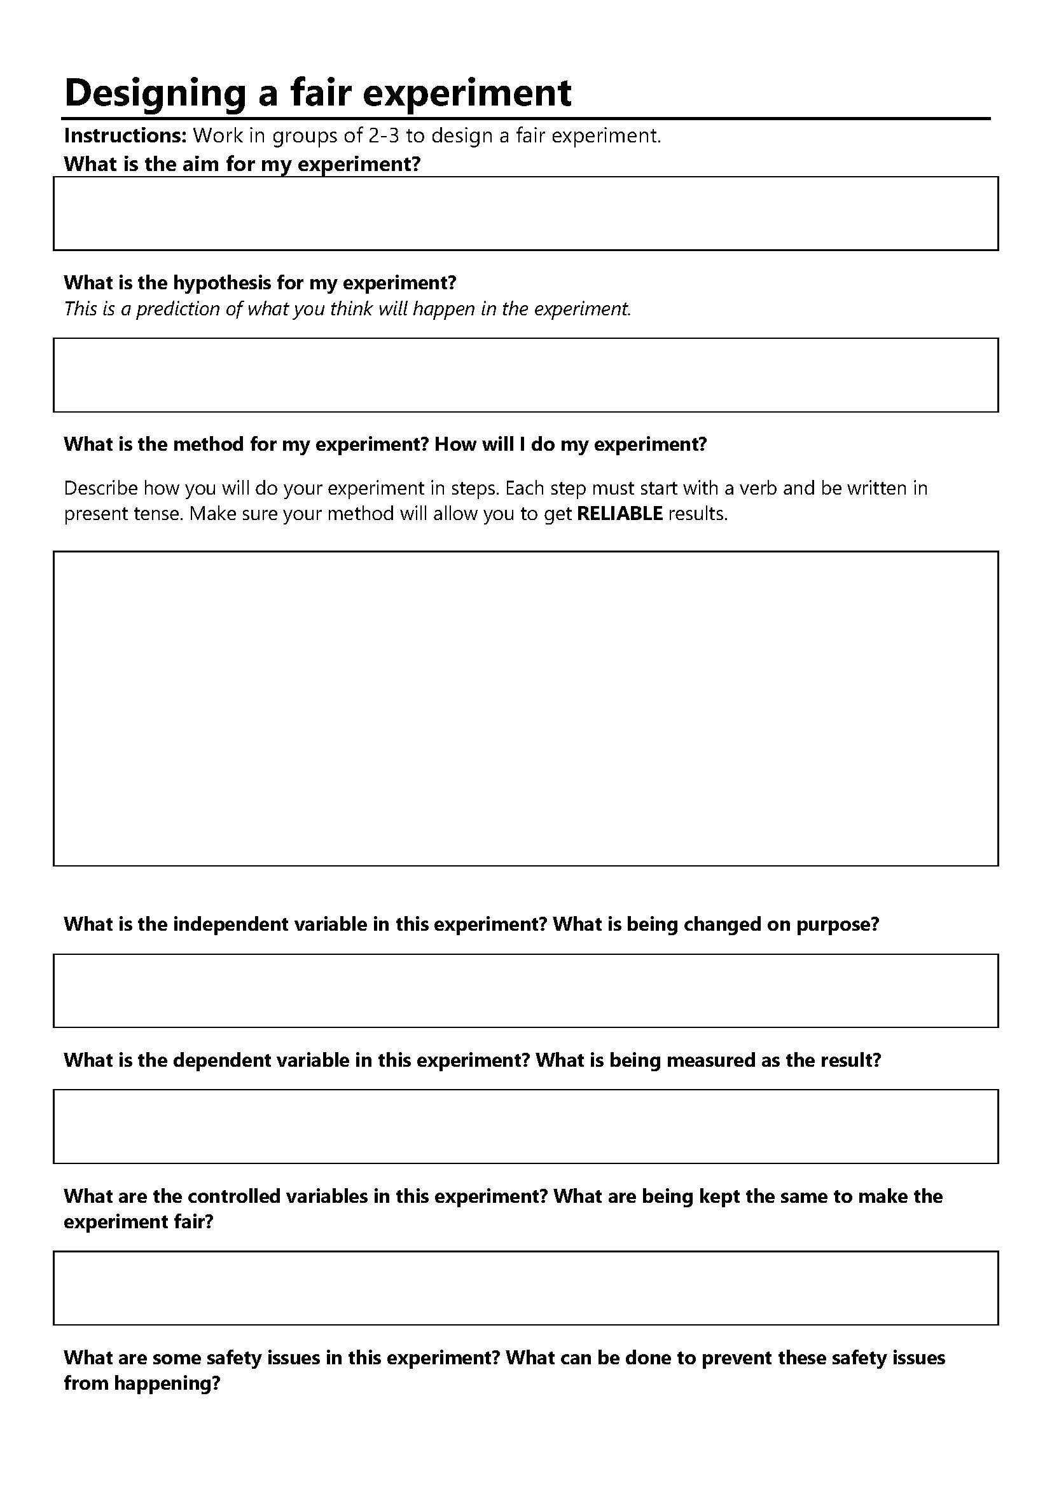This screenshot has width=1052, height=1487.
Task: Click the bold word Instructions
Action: click(125, 136)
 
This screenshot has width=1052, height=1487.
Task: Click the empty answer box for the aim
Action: click(525, 213)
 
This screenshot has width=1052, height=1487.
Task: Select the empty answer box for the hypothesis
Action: click(525, 374)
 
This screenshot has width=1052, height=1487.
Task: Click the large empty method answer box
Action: click(525, 708)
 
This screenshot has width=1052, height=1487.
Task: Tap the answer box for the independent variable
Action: click(525, 990)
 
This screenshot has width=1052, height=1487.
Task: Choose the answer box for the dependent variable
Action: click(525, 1127)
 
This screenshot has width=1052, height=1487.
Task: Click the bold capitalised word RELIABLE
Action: click(619, 514)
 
